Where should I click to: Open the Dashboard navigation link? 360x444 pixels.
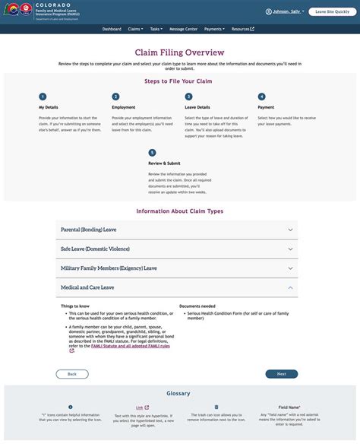112,29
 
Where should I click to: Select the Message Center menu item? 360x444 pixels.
184,29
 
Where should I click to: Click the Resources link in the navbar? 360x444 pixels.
242,29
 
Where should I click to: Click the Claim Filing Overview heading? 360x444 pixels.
179,52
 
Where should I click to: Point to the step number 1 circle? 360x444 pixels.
43,97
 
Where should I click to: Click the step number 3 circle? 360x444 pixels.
188,97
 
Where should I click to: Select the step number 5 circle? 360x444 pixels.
152,153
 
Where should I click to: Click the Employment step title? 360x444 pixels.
124,108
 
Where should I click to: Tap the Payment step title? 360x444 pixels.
266,108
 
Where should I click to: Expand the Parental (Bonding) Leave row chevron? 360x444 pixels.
290,229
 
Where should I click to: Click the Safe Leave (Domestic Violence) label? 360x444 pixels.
95,249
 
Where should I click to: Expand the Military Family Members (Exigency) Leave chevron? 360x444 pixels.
290,268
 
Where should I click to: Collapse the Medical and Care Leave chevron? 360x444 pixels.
290,288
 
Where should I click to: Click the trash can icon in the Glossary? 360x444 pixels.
216,407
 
